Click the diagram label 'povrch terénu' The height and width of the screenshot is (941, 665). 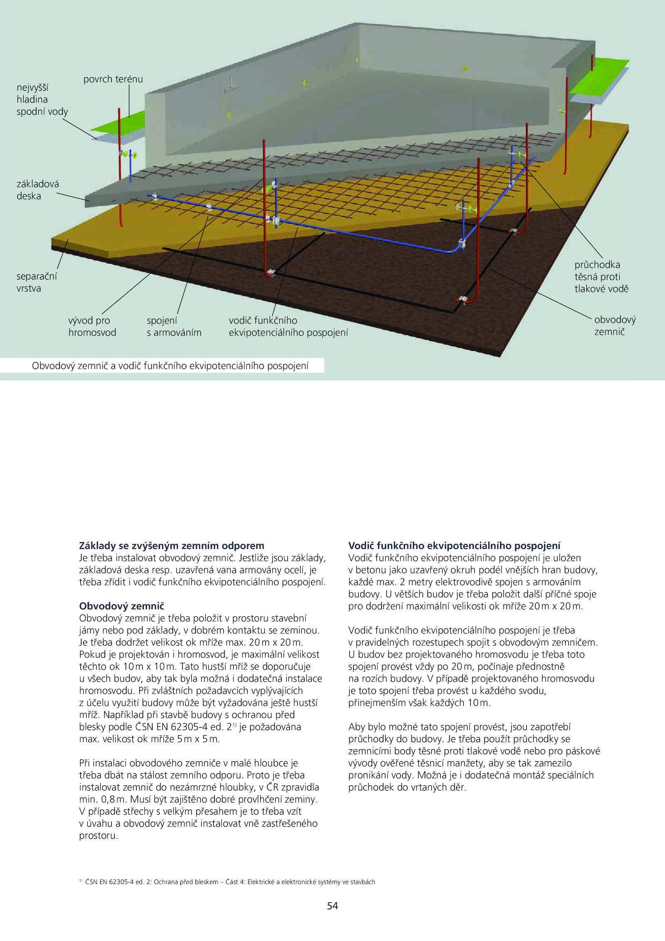click(x=113, y=79)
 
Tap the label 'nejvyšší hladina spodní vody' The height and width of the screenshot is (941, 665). click(x=42, y=99)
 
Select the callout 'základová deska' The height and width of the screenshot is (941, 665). click(x=37, y=190)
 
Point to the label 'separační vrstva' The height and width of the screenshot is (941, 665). click(x=37, y=282)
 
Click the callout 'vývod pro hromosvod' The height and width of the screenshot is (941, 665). click(x=92, y=326)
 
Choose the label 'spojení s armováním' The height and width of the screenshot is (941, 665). click(x=174, y=326)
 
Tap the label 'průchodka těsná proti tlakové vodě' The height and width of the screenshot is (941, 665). click(x=601, y=277)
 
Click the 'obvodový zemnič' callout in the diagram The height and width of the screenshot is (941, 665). click(x=615, y=326)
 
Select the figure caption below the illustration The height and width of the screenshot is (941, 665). click(x=170, y=366)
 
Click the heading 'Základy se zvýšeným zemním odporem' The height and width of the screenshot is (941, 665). click(x=171, y=546)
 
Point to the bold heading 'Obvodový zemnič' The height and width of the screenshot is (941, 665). click(x=121, y=606)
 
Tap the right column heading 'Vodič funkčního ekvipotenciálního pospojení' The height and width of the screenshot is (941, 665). click(x=454, y=546)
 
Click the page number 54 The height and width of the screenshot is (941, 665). click(x=332, y=906)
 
